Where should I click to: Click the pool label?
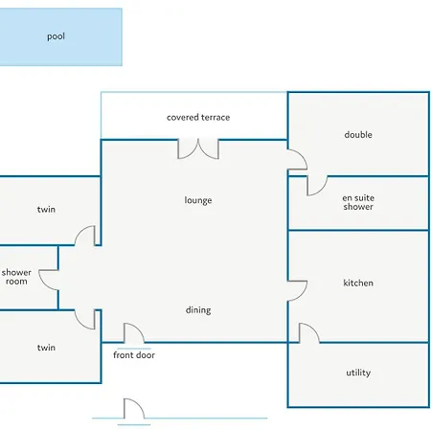click(56, 36)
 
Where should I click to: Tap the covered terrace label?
click(198, 118)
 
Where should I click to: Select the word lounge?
click(198, 200)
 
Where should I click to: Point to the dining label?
click(198, 310)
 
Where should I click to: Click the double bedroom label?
click(358, 135)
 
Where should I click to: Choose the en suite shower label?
click(358, 202)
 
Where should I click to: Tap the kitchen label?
click(358, 283)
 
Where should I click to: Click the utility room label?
click(358, 373)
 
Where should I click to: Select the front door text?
click(134, 355)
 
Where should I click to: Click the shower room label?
click(16, 277)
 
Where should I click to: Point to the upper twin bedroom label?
click(46, 210)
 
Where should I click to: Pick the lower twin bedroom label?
click(46, 348)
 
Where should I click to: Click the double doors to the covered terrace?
click(198, 148)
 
